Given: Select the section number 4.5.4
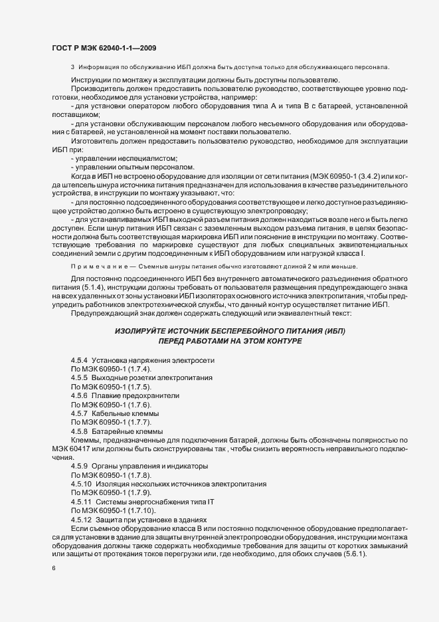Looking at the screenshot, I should [80, 360].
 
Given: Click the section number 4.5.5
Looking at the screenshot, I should [80, 377].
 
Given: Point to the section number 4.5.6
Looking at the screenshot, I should [80, 395].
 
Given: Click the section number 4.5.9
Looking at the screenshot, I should [80, 466].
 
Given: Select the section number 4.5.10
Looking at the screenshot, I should [82, 484].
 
